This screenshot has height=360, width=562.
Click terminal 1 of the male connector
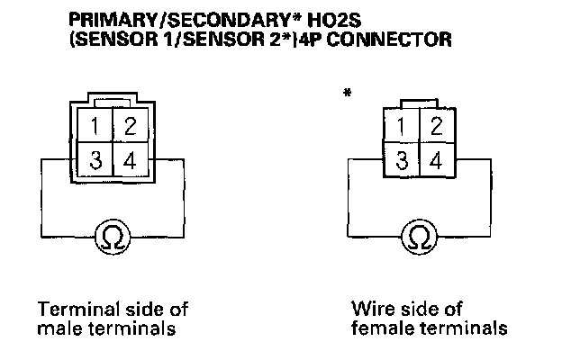coord(95,125)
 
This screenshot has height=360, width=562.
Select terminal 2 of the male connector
coord(129,125)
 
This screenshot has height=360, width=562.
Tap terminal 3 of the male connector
coord(95,162)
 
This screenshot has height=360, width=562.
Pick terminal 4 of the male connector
coord(129,162)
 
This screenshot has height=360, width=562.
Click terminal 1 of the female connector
coord(402,126)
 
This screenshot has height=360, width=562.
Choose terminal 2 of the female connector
coord(436,126)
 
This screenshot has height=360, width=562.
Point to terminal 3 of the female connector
coord(402,161)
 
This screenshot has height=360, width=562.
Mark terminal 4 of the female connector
coord(436,161)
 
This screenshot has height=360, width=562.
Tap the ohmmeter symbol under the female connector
coord(419,237)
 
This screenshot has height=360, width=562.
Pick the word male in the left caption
coord(56,328)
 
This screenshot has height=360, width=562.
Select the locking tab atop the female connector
coord(419,103)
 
